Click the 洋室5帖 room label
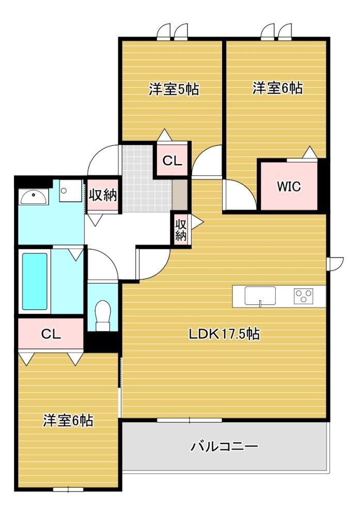pos(174,89)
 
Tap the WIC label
pos(289,186)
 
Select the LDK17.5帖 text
pos(224,334)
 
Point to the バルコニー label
pos(224,446)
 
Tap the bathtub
pos(34,281)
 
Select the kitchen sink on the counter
pos(260,296)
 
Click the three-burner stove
pos(303,296)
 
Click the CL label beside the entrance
pos(173,161)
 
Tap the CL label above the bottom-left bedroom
pos(51,334)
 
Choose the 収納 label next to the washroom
pos(103,196)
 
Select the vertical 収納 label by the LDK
pos(180,230)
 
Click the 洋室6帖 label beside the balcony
pos(68,421)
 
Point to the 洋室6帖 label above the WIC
pos(277,88)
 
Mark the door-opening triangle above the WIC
pos(309,152)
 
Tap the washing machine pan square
pos(70,191)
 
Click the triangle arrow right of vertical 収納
pos(198,221)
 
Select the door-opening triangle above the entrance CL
pos(164,135)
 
